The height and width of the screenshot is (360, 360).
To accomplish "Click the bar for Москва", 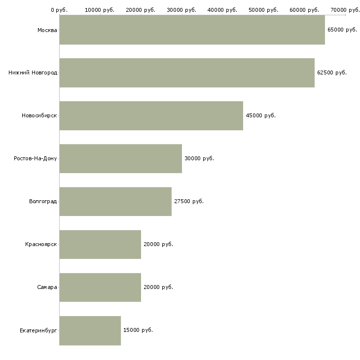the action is click(x=192, y=30).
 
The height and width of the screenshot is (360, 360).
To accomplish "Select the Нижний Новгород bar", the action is click(x=187, y=73).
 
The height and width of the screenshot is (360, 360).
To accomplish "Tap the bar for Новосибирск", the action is click(x=151, y=116).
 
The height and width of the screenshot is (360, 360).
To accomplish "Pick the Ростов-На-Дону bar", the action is click(x=121, y=159).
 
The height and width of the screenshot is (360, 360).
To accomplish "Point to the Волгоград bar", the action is click(x=115, y=202).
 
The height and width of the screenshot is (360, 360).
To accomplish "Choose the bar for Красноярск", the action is click(x=100, y=245).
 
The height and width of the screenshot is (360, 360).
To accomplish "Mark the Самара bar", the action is click(x=100, y=288).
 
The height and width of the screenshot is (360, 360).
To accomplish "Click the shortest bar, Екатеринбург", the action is click(x=90, y=330).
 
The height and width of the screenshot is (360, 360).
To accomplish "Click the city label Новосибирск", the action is click(x=39, y=115).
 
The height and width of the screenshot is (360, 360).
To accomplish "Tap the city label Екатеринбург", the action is click(x=38, y=330).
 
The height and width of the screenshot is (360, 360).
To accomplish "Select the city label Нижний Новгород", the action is click(x=33, y=72).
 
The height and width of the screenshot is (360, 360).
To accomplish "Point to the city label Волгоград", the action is click(x=43, y=201).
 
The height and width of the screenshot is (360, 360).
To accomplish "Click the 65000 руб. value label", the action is click(x=342, y=30).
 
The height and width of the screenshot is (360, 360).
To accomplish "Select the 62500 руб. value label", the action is click(x=332, y=72).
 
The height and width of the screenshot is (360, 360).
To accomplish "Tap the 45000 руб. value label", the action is click(x=260, y=115).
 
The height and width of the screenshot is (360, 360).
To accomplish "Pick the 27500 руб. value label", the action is click(x=189, y=201).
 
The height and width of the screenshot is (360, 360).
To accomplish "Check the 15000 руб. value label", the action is click(x=138, y=330).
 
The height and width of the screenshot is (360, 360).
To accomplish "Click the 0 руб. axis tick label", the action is click(x=59, y=10).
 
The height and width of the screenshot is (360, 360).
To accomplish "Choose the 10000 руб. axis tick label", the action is click(x=100, y=10).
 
